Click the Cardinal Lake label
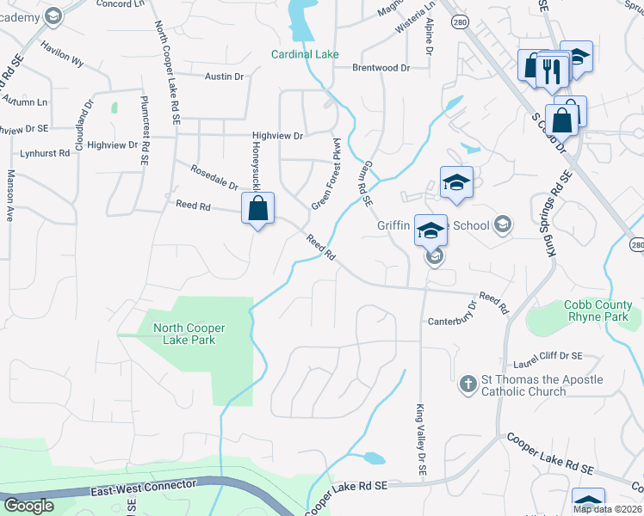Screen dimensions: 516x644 pyautogui.click(x=305, y=54)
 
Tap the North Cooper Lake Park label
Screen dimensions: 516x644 pyautogui.click(x=183, y=333)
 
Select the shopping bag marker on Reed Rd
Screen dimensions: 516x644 pyautogui.click(x=258, y=209)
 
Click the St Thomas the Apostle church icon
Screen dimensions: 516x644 pyautogui.click(x=468, y=384)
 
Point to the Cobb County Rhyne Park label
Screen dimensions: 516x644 pyautogui.click(x=598, y=310)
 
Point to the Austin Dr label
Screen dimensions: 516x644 pyautogui.click(x=225, y=77)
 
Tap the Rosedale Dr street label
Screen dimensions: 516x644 pyautogui.click(x=214, y=178)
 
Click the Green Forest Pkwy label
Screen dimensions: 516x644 pyautogui.click(x=326, y=173)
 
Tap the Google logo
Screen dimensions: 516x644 pyautogui.click(x=28, y=506)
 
